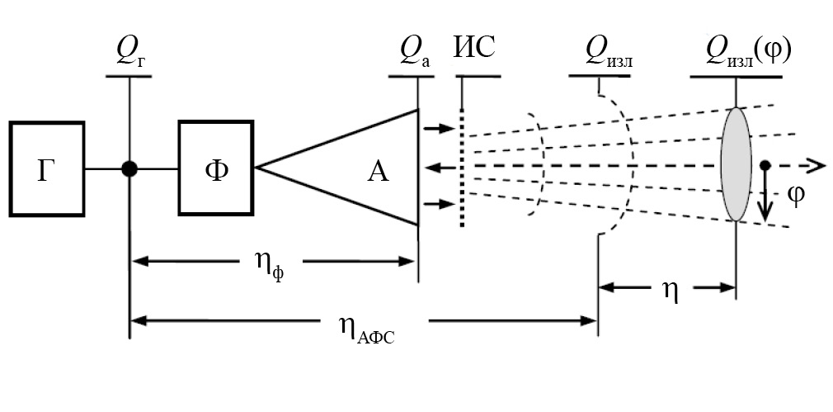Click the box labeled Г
(x=47, y=168)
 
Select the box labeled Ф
(x=215, y=168)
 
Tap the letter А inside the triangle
(x=377, y=171)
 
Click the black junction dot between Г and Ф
(x=129, y=168)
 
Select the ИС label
(x=473, y=50)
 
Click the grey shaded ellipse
(x=737, y=164)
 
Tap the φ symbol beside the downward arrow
(x=795, y=197)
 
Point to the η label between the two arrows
(x=670, y=291)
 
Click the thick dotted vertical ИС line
(x=462, y=165)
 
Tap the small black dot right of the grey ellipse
(x=765, y=165)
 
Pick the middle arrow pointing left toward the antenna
(x=439, y=168)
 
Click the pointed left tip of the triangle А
(x=257, y=168)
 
